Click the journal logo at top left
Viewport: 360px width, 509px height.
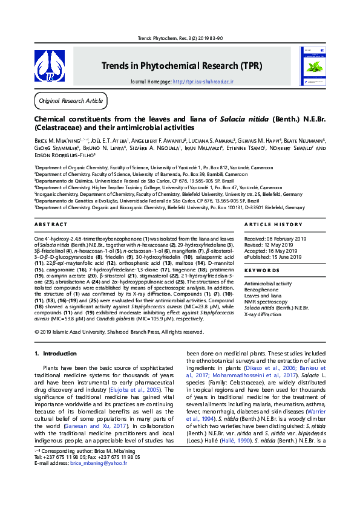pyautogui.click(x=49, y=66)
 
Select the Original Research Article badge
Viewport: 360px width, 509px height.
pyautogui.click(x=71, y=100)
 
